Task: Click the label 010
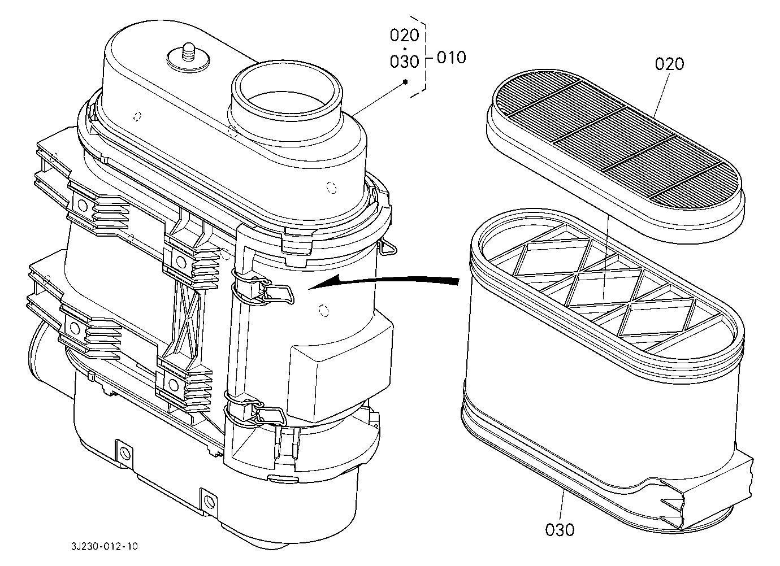tap(451, 58)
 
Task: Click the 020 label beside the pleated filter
tap(669, 64)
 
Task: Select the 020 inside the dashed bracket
tap(404, 35)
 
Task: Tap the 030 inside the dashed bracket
tap(404, 62)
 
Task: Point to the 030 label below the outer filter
tap(560, 530)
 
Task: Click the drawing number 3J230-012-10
tap(105, 546)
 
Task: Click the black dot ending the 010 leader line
tap(405, 82)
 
